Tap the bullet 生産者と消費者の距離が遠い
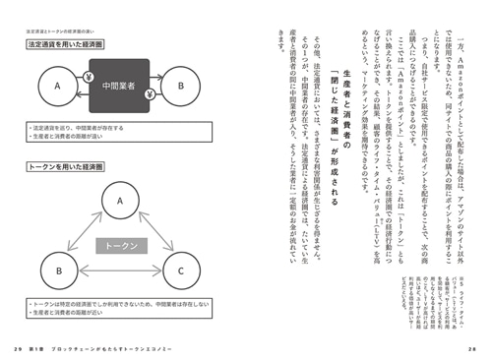[70, 136]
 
